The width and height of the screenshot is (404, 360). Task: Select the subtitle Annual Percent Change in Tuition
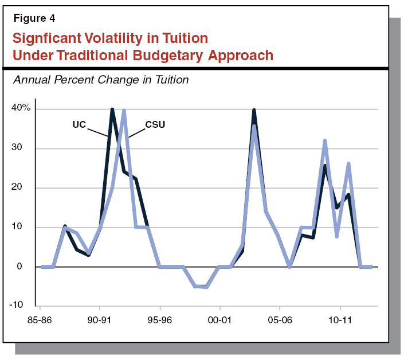pyautogui.click(x=100, y=80)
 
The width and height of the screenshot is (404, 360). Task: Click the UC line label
pyautogui.click(x=80, y=124)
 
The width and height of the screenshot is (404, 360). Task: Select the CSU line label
pyautogui.click(x=155, y=124)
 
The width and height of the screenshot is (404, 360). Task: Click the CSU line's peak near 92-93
pyautogui.click(x=124, y=111)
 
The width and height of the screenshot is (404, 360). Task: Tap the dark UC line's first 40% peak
pyautogui.click(x=112, y=109)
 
